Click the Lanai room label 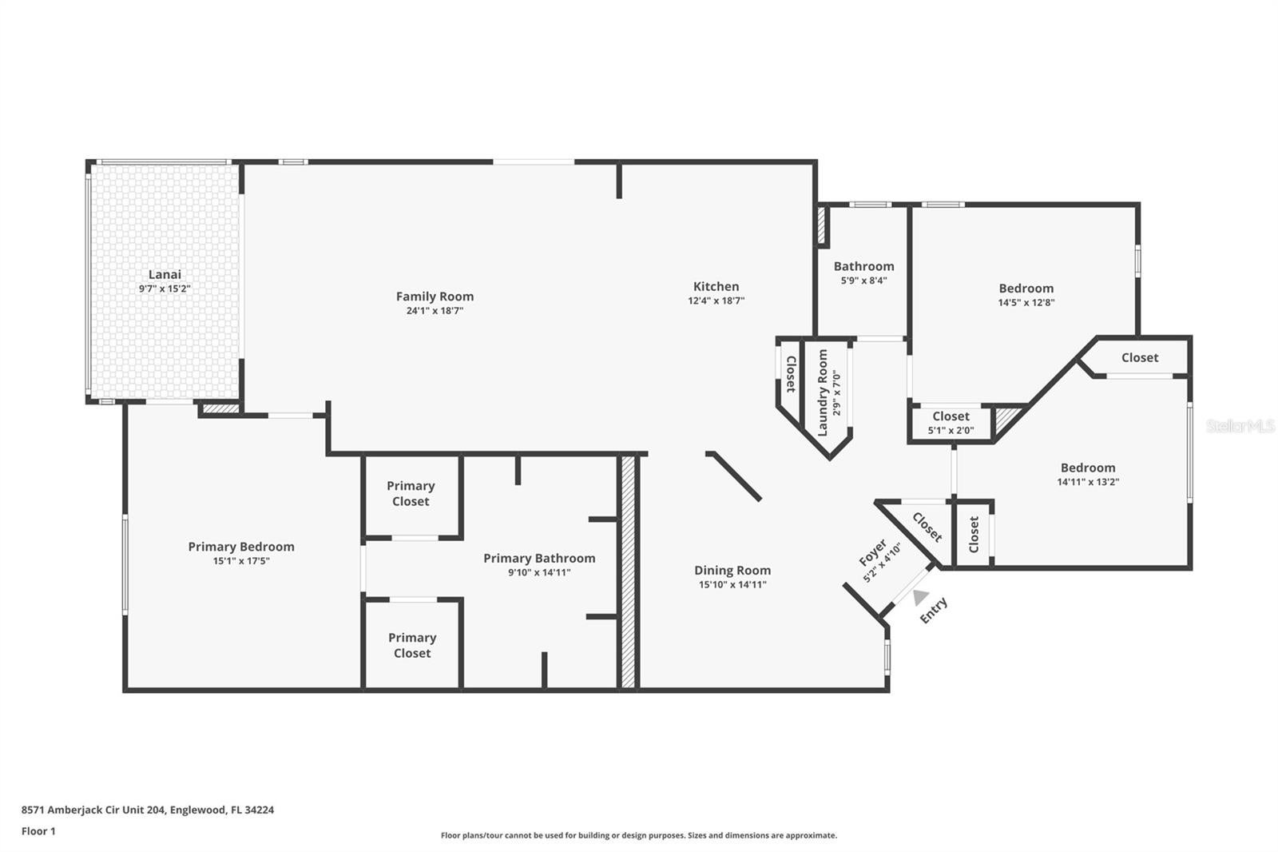point(165,274)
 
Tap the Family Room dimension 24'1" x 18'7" point(435,311)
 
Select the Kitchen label point(716,286)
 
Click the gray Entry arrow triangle point(920,597)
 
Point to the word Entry point(934,610)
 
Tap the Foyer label point(872,551)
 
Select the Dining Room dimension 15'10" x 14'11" point(732,584)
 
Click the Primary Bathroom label point(539,558)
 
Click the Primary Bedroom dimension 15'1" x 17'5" point(241,561)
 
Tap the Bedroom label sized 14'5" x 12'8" point(1026,288)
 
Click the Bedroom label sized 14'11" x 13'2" point(1088,468)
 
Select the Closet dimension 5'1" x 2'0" point(951,431)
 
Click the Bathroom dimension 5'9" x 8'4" point(863,281)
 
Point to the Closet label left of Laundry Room point(790,374)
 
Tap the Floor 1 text point(38,831)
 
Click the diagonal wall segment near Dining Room point(733,476)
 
